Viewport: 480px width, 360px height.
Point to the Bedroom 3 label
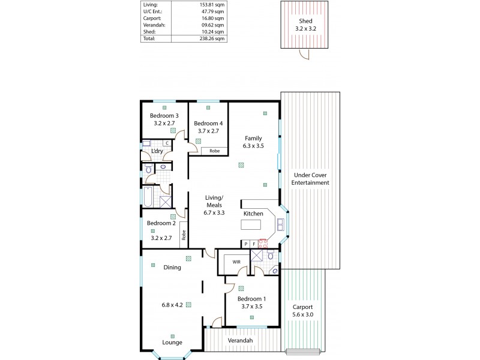164,116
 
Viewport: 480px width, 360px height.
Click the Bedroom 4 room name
208,123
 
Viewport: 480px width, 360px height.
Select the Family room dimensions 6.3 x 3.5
253,145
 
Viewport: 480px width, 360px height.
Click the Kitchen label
253,214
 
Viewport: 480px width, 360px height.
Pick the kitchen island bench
253,226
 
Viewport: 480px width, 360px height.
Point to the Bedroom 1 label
251,298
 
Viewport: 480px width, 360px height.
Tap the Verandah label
239,341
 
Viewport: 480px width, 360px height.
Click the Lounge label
172,343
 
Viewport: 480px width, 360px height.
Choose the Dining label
172,268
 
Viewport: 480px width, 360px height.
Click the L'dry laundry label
157,151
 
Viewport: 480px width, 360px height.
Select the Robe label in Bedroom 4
214,151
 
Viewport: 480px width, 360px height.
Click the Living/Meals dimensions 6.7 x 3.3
214,212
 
